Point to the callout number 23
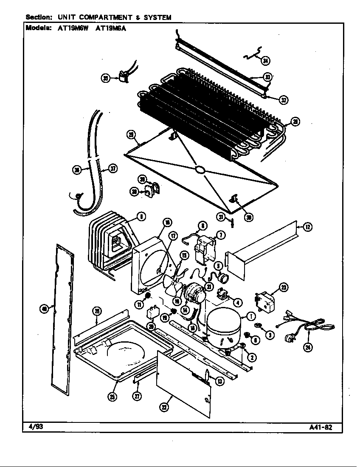pos(284,288)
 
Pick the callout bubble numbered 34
pos(265,61)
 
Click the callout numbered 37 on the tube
pos(113,169)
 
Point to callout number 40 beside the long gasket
pos(44,309)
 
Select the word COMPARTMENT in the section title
pos(105,17)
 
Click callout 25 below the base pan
pos(112,397)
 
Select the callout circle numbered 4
pos(238,303)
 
